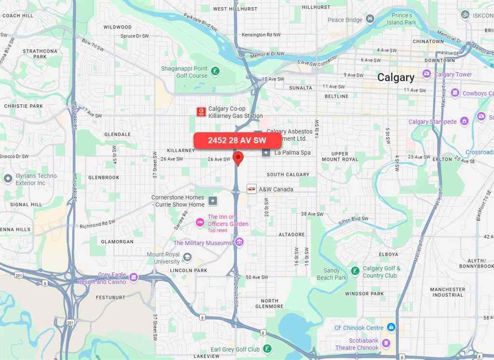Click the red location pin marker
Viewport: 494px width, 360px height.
[x=237, y=158]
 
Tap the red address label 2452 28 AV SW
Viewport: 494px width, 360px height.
[x=237, y=140]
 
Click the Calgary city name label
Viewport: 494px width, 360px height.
[x=396, y=78]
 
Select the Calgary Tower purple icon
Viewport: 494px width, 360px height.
[x=426, y=74]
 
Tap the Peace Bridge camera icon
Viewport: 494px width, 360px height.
[x=370, y=19]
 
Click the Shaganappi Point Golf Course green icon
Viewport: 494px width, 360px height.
[x=215, y=71]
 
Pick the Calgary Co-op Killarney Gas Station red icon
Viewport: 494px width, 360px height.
[x=201, y=112]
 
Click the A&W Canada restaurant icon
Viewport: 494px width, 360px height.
[x=251, y=189]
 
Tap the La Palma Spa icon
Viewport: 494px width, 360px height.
[x=266, y=152]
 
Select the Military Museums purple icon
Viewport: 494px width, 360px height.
[x=239, y=242]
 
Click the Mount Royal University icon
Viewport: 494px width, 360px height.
[x=188, y=257]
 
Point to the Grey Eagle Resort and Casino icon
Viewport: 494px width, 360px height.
[x=134, y=277]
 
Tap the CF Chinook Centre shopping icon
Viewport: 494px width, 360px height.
[x=391, y=328]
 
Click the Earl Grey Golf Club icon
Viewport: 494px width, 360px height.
[x=267, y=349]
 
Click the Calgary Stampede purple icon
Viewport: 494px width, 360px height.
[x=464, y=121]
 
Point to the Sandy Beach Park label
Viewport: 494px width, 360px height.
[x=331, y=274]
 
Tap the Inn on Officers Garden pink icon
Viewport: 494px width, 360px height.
[x=200, y=223]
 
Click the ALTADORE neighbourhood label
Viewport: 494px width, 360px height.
[x=291, y=235]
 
